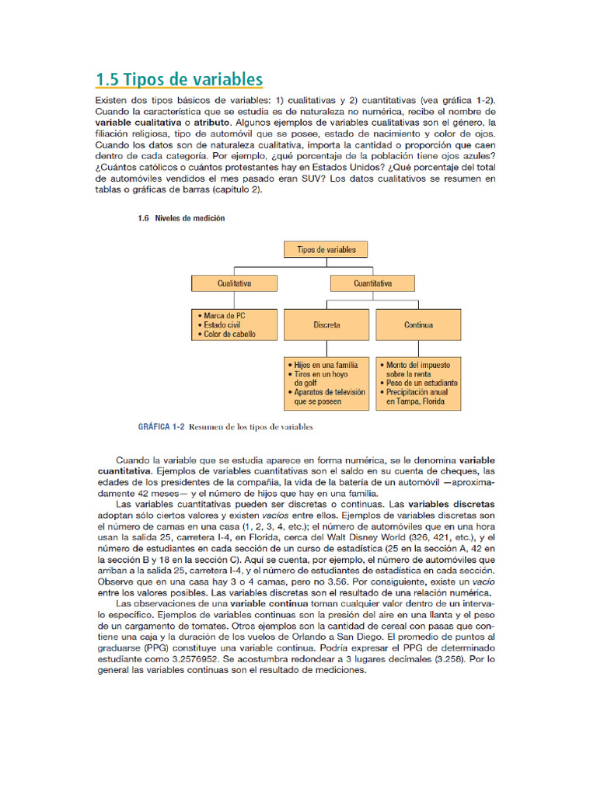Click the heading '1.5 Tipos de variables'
179,80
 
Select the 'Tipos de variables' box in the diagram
326,249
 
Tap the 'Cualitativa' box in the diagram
234,283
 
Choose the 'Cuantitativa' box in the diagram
373,283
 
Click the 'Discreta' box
326,325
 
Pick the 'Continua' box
418,325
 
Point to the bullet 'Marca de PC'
229,316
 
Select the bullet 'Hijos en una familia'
326,363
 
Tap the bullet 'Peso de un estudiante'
421,383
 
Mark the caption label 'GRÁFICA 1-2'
160,427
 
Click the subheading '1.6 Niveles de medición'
181,219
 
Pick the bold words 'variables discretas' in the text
452,503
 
